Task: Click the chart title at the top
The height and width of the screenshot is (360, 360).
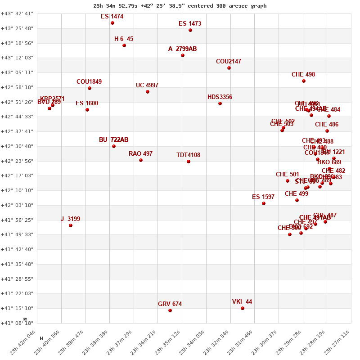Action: point(180,6)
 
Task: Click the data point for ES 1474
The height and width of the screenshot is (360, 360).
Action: point(112,23)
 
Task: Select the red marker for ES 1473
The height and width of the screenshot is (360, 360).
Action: point(190,30)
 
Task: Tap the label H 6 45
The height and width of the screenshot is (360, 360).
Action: point(124,39)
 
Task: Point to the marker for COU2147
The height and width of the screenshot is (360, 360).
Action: point(229,68)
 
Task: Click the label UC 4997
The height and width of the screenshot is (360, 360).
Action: point(147,85)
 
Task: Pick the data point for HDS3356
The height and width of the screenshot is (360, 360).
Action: point(220,103)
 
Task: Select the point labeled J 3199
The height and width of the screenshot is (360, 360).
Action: point(71,225)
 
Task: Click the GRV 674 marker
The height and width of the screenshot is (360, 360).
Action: point(170,310)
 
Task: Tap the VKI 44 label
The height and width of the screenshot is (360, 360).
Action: point(242,302)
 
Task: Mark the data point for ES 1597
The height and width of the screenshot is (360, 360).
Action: point(264,203)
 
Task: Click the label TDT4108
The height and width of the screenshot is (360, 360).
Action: point(188,155)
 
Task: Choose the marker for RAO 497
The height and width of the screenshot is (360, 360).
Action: point(141,160)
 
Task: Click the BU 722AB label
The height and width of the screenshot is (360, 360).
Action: point(113,140)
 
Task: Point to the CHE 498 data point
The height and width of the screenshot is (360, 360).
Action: point(304,81)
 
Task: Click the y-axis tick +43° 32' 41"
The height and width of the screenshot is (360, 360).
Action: point(17,14)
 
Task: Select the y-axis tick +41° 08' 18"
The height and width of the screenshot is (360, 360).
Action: point(17,323)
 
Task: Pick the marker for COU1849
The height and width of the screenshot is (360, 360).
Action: point(90,88)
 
